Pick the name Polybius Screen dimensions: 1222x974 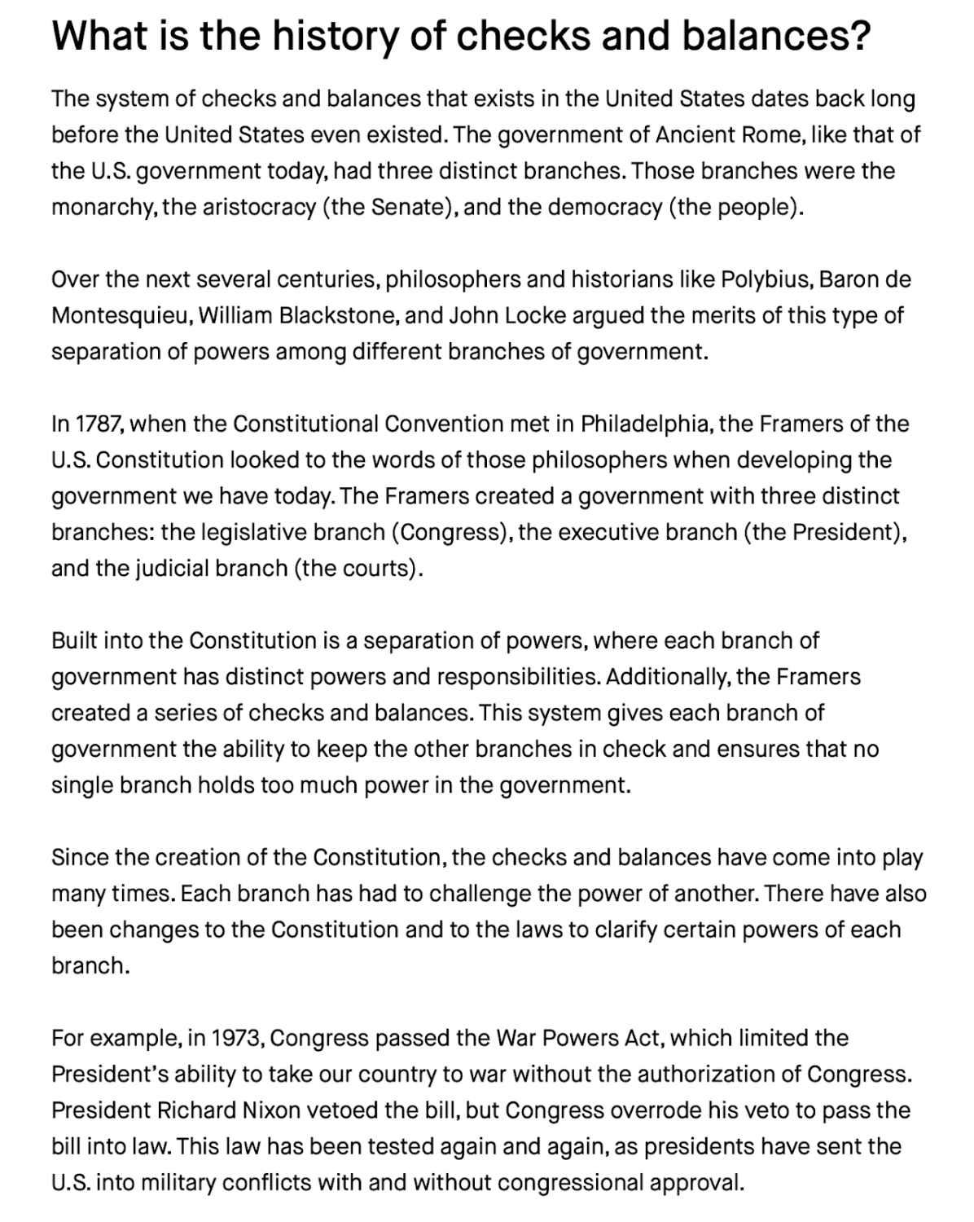[x=765, y=279]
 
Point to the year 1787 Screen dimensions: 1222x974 [x=99, y=424]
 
